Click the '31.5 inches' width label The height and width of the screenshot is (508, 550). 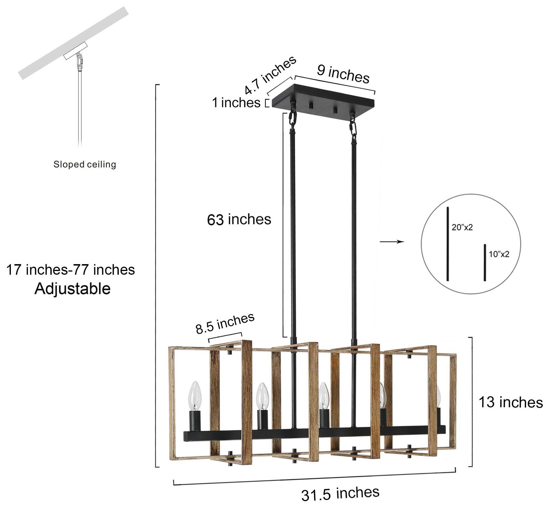pyautogui.click(x=340, y=494)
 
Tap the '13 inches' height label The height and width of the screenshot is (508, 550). pyautogui.click(x=511, y=402)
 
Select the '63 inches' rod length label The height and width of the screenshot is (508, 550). pyautogui.click(x=239, y=220)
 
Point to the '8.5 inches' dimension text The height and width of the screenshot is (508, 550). pyautogui.click(x=225, y=323)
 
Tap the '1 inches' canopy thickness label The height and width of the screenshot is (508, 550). pyautogui.click(x=236, y=103)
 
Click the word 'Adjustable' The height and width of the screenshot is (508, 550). pyautogui.click(x=73, y=289)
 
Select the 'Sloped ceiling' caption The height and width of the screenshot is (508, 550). pyautogui.click(x=85, y=164)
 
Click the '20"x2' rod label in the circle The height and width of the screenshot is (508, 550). pyautogui.click(x=462, y=227)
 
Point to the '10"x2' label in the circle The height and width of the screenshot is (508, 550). pyautogui.click(x=499, y=254)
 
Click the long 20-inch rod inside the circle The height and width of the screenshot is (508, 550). pyautogui.click(x=448, y=243)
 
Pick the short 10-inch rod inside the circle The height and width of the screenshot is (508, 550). pyautogui.click(x=485, y=262)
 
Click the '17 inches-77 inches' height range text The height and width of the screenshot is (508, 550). pyautogui.click(x=70, y=270)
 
